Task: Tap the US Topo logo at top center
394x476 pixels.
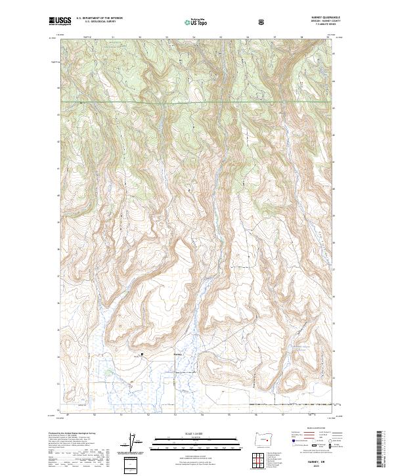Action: (x=197, y=22)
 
